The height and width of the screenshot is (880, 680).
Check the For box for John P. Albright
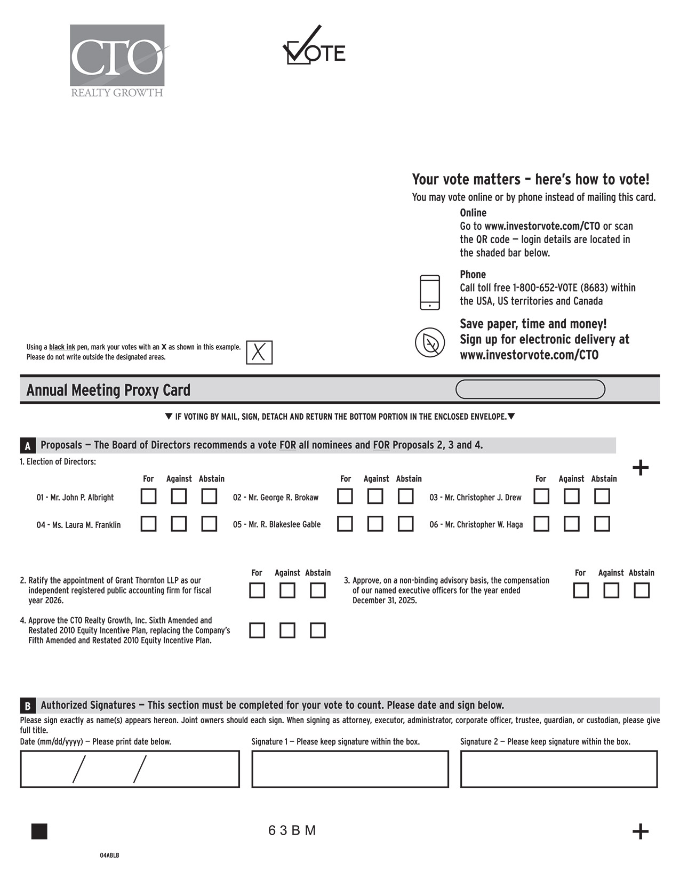point(148,497)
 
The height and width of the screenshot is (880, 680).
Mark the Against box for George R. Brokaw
point(375,497)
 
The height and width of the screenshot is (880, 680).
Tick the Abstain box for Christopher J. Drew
point(602,497)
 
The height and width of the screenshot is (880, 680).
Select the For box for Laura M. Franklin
point(148,524)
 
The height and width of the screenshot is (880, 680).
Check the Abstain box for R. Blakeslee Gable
point(406,524)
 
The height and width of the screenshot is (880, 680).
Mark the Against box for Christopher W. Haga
point(572,524)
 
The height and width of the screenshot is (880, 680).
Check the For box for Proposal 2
point(257,590)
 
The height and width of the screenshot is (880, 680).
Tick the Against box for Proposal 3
point(611,590)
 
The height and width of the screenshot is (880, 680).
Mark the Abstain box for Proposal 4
point(318,630)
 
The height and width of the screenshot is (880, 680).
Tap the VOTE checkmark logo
point(314,48)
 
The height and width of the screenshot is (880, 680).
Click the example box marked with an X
point(259,353)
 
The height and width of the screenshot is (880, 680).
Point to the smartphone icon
point(430,292)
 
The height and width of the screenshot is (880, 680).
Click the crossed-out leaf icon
point(430,342)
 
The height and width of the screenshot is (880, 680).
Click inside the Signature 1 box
point(350,769)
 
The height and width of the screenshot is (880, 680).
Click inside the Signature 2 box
point(559,769)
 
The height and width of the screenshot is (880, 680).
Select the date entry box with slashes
point(130,769)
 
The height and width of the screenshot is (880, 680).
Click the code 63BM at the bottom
point(292,830)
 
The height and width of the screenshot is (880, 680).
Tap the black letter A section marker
point(28,446)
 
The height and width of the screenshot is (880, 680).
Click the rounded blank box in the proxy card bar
point(530,389)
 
